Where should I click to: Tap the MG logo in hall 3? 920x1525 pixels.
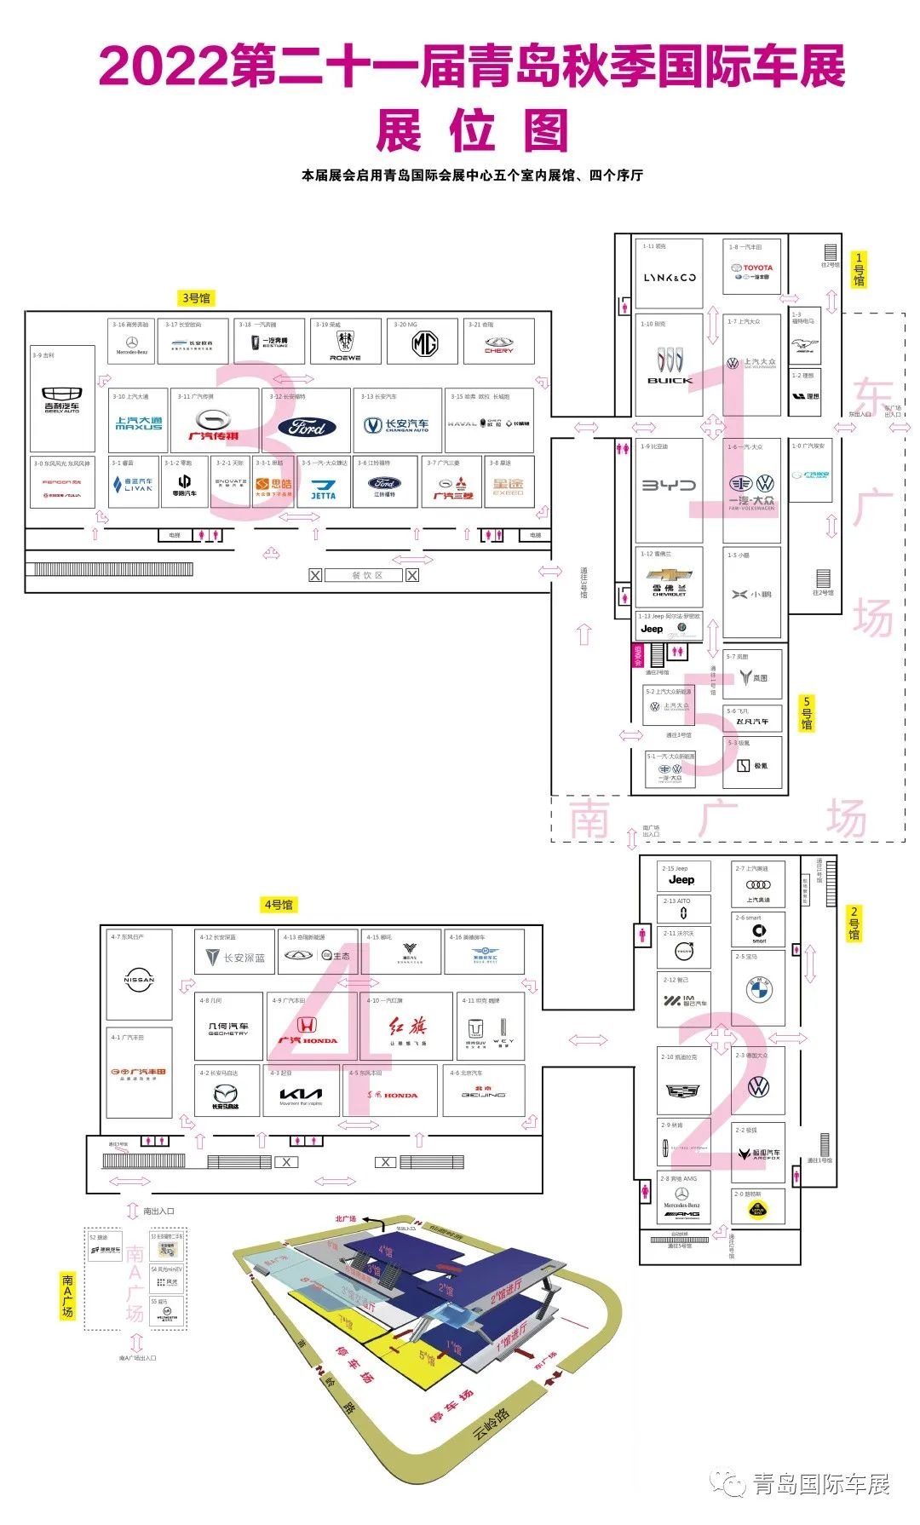point(425,343)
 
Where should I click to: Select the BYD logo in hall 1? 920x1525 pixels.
point(669,486)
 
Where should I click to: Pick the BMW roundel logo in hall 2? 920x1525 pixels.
point(758,990)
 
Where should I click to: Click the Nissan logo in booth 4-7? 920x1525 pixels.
point(139,980)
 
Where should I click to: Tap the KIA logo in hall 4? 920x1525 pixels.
point(301,1094)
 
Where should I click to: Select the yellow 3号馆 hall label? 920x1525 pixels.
point(196,298)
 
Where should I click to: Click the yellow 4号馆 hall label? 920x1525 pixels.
point(279,905)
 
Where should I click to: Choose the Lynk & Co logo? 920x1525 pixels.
point(670,278)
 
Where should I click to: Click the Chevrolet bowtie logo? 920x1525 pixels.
point(670,577)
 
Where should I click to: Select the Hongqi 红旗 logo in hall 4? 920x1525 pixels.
point(408,1027)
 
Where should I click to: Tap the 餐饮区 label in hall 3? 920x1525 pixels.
point(367,576)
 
